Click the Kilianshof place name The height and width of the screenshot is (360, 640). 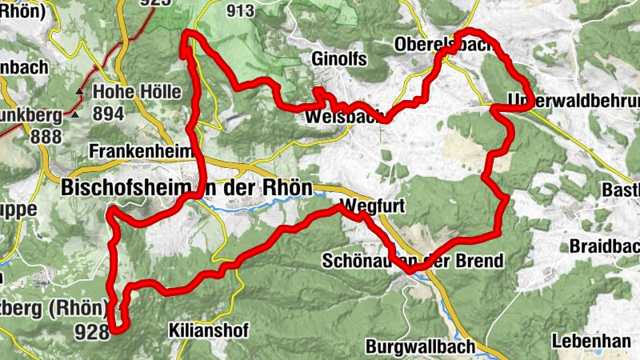[x=210, y=330]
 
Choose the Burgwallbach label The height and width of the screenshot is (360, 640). [x=420, y=347]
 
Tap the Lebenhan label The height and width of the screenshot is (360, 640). [x=591, y=341]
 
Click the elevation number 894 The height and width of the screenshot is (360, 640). [x=108, y=114]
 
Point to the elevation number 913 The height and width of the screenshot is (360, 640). [x=240, y=10]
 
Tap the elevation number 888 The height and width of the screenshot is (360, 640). [x=46, y=136]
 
